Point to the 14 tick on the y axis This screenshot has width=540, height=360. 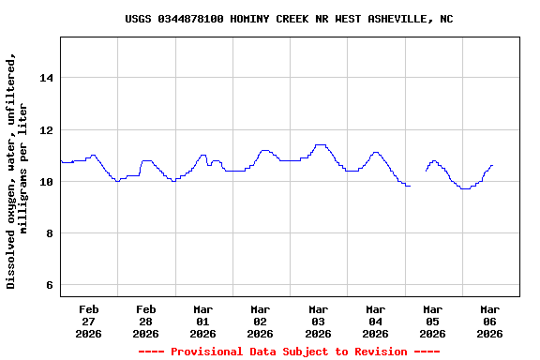(46, 78)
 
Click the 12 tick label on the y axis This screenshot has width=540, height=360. (46, 129)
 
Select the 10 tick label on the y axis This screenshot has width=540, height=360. (46, 181)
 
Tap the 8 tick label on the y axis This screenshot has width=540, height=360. (49, 233)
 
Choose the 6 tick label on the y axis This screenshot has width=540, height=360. (49, 285)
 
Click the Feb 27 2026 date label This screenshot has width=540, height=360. (89, 321)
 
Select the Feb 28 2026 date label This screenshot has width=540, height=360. (146, 321)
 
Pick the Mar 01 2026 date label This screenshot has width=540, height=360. (203, 321)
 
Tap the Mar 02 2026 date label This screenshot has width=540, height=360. (261, 321)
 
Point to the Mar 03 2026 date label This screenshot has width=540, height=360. (318, 321)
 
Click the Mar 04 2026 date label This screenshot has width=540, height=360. (375, 321)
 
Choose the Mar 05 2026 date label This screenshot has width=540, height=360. (432, 321)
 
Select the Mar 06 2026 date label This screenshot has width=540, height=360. (489, 321)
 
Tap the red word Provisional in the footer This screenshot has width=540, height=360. (210, 352)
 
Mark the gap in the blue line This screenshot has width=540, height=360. (418, 178)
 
